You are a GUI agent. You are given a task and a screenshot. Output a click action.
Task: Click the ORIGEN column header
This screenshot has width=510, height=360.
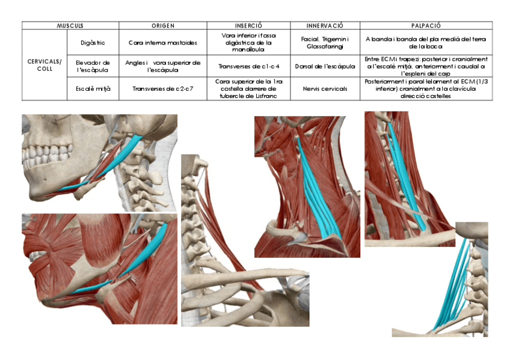coord(163,26)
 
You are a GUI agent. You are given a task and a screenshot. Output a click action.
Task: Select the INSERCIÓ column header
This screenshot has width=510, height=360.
coord(248,26)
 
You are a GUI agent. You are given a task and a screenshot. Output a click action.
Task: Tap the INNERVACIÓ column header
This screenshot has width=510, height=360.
coord(325,26)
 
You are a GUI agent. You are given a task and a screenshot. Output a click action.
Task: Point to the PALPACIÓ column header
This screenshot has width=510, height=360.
coord(426,26)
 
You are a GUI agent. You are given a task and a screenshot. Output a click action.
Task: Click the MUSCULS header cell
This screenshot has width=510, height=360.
coord(70,26)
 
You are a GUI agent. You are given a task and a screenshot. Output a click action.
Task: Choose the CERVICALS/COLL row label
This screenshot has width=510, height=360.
coord(45,65)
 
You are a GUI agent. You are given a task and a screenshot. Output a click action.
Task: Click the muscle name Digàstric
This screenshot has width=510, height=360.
coord(93,43)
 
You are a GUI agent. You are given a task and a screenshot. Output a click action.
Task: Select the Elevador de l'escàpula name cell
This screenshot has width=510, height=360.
coord(93,66)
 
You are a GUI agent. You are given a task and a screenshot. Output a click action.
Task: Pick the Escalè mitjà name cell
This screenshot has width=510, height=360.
coord(93,88)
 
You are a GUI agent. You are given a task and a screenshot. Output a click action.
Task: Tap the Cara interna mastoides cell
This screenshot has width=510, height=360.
coord(163,43)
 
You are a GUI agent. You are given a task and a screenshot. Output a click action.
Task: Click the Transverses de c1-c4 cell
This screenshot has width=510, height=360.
coord(248,66)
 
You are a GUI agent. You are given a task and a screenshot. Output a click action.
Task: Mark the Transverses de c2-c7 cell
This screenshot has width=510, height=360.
coord(163,88)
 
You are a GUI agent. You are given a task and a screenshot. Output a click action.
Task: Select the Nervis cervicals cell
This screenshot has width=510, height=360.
coord(325,88)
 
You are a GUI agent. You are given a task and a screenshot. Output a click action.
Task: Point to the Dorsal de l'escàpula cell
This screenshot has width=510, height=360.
coord(325,66)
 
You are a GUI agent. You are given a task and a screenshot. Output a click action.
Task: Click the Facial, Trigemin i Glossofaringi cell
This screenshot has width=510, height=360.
coord(325,43)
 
